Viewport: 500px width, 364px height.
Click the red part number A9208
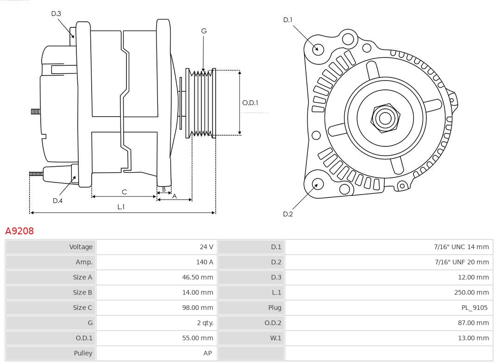(19, 231)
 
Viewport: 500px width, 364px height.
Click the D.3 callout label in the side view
(56, 14)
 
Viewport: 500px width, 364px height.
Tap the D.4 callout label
(57, 201)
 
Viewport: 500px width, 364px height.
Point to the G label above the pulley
(204, 31)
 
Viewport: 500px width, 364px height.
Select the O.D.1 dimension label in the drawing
(250, 103)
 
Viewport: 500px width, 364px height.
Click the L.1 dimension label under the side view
(121, 207)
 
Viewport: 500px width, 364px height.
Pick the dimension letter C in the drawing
(124, 192)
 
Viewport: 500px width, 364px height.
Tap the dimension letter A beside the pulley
(175, 196)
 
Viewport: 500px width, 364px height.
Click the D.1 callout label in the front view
(288, 20)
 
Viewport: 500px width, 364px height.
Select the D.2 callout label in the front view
(288, 214)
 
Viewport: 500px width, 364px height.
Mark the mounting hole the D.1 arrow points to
(318, 49)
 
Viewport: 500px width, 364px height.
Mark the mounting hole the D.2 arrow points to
(318, 184)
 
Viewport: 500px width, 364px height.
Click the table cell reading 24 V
(206, 247)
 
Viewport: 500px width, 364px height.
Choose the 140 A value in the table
(205, 262)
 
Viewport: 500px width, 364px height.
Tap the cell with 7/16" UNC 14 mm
(461, 247)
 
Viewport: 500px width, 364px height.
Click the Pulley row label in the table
(83, 353)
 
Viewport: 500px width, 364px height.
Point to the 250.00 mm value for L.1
(471, 292)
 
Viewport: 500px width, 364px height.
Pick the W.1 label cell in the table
(275, 338)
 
